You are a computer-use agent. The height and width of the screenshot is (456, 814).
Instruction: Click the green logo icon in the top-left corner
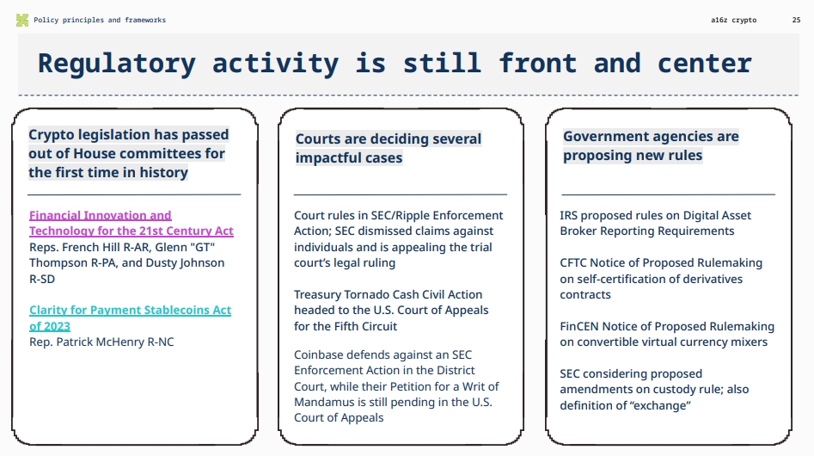[x=22, y=20]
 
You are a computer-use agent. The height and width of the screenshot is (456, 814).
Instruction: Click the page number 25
[x=795, y=20]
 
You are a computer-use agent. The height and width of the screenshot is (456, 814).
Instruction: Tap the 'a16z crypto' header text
[x=734, y=20]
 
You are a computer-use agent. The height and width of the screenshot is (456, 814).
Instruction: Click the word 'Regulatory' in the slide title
[x=116, y=64]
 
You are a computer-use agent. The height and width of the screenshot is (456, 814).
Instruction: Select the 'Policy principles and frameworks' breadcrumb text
[x=100, y=20]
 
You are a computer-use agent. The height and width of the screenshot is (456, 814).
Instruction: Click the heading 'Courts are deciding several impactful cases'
[x=388, y=148]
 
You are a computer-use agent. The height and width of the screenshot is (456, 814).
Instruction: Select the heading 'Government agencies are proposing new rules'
[x=651, y=145]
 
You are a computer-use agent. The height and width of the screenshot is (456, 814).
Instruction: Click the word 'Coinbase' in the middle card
[x=319, y=354]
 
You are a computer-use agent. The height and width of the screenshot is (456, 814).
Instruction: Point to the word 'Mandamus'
[x=322, y=402]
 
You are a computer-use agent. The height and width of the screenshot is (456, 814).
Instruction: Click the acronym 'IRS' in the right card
[x=570, y=215]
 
